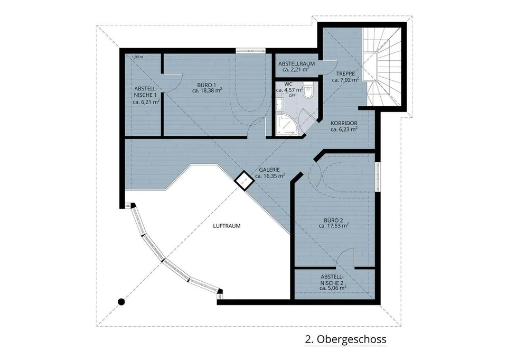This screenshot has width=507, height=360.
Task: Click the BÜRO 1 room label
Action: coord(206,85)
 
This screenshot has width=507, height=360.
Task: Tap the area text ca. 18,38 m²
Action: coord(207,91)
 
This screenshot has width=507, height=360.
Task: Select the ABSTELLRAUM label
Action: coord(296,64)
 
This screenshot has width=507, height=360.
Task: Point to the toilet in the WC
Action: coord(308,90)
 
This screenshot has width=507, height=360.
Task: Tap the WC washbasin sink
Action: coord(280,103)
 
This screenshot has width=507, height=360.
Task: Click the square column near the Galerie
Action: coord(244,180)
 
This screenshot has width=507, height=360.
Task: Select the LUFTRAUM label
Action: coord(227,226)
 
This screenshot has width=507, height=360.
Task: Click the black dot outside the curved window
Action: coord(121,302)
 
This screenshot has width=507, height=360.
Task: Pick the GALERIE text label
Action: coord(269,170)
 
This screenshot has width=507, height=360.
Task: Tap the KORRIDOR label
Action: coord(344,123)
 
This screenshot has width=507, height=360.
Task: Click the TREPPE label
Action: coord(345,73)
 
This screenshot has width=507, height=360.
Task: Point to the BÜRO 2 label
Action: coord(333,220)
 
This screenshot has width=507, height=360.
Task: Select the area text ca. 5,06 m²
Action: coord(333,288)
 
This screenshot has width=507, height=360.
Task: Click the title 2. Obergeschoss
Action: coord(345,339)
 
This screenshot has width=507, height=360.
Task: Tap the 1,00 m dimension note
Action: coord(137,57)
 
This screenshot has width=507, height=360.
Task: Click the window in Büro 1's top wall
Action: coord(250,50)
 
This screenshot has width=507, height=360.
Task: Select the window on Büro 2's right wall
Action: coord(378,177)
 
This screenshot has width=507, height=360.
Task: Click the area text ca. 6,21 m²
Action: coord(146,101)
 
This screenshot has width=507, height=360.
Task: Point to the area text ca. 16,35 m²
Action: coord(270,176)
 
